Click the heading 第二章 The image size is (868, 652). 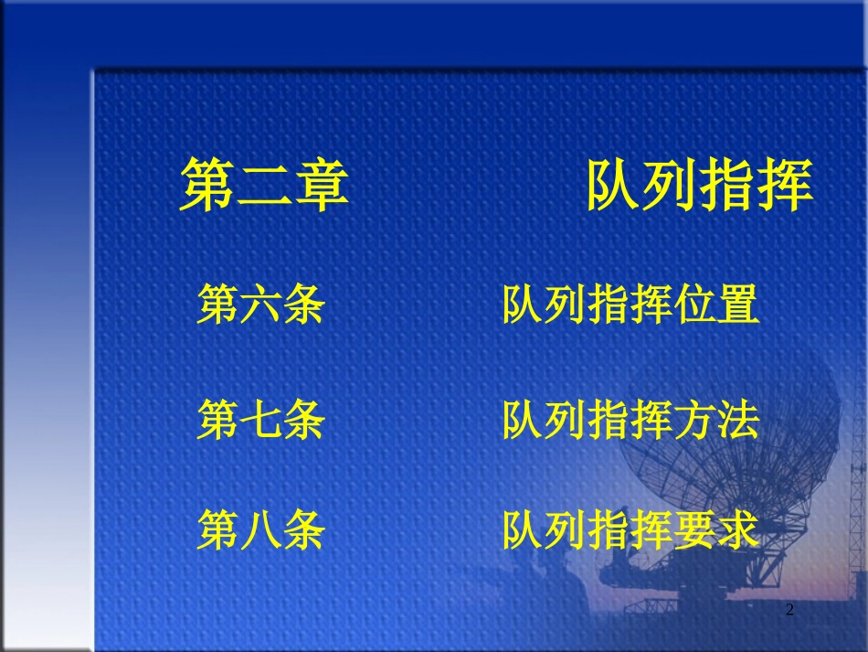pyautogui.click(x=264, y=186)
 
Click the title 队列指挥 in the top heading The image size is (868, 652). pyautogui.click(x=699, y=186)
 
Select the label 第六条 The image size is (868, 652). pyautogui.click(x=261, y=305)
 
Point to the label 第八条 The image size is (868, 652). pyautogui.click(x=261, y=530)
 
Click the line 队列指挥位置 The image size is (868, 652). pyautogui.click(x=631, y=305)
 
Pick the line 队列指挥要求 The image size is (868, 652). pyautogui.click(x=631, y=530)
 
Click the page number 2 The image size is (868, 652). pyautogui.click(x=790, y=610)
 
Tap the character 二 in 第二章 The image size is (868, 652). pyautogui.click(x=264, y=186)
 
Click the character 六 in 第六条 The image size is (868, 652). pyautogui.click(x=261, y=305)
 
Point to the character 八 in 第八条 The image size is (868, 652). pyautogui.click(x=261, y=530)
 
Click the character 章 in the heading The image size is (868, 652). pyautogui.click(x=321, y=186)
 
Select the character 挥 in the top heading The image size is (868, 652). pyautogui.click(x=785, y=186)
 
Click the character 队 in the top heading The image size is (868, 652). pyautogui.click(x=614, y=186)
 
